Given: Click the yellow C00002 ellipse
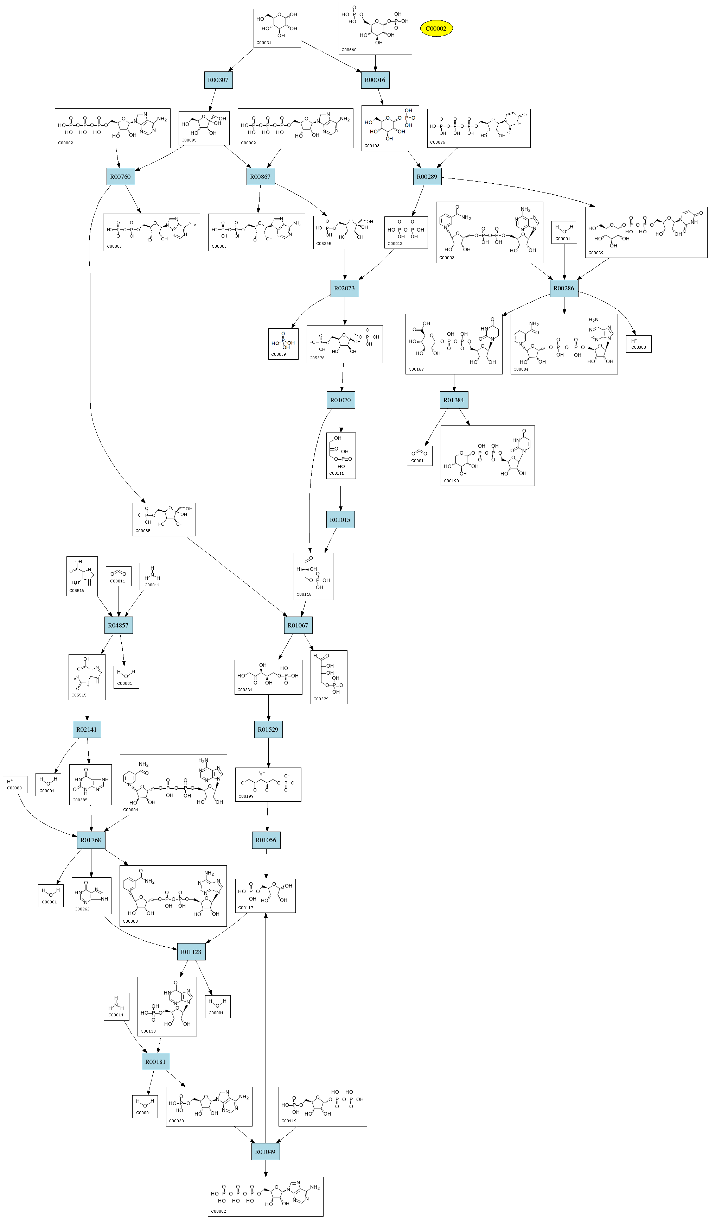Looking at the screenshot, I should [x=436, y=29].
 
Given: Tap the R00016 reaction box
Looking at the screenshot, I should [x=375, y=80].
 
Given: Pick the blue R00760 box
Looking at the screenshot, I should [x=120, y=176].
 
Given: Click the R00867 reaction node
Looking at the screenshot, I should [x=260, y=176].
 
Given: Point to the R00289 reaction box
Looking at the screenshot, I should [x=427, y=176].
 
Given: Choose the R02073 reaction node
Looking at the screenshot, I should [x=344, y=288].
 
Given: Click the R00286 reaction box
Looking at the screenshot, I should [x=564, y=288].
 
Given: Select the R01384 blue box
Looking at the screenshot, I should [x=454, y=400].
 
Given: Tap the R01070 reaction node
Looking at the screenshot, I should [x=340, y=400].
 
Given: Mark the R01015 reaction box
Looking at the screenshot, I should [x=340, y=519].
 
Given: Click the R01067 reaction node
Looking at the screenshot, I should [x=298, y=625].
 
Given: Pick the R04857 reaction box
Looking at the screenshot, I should [x=118, y=625].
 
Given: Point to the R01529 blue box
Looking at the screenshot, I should [x=268, y=729].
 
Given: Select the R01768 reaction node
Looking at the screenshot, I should [x=91, y=840].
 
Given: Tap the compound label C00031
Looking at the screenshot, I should [x=264, y=43].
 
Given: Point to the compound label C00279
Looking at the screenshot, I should [x=321, y=699].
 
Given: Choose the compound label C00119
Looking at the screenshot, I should [x=289, y=1121].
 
